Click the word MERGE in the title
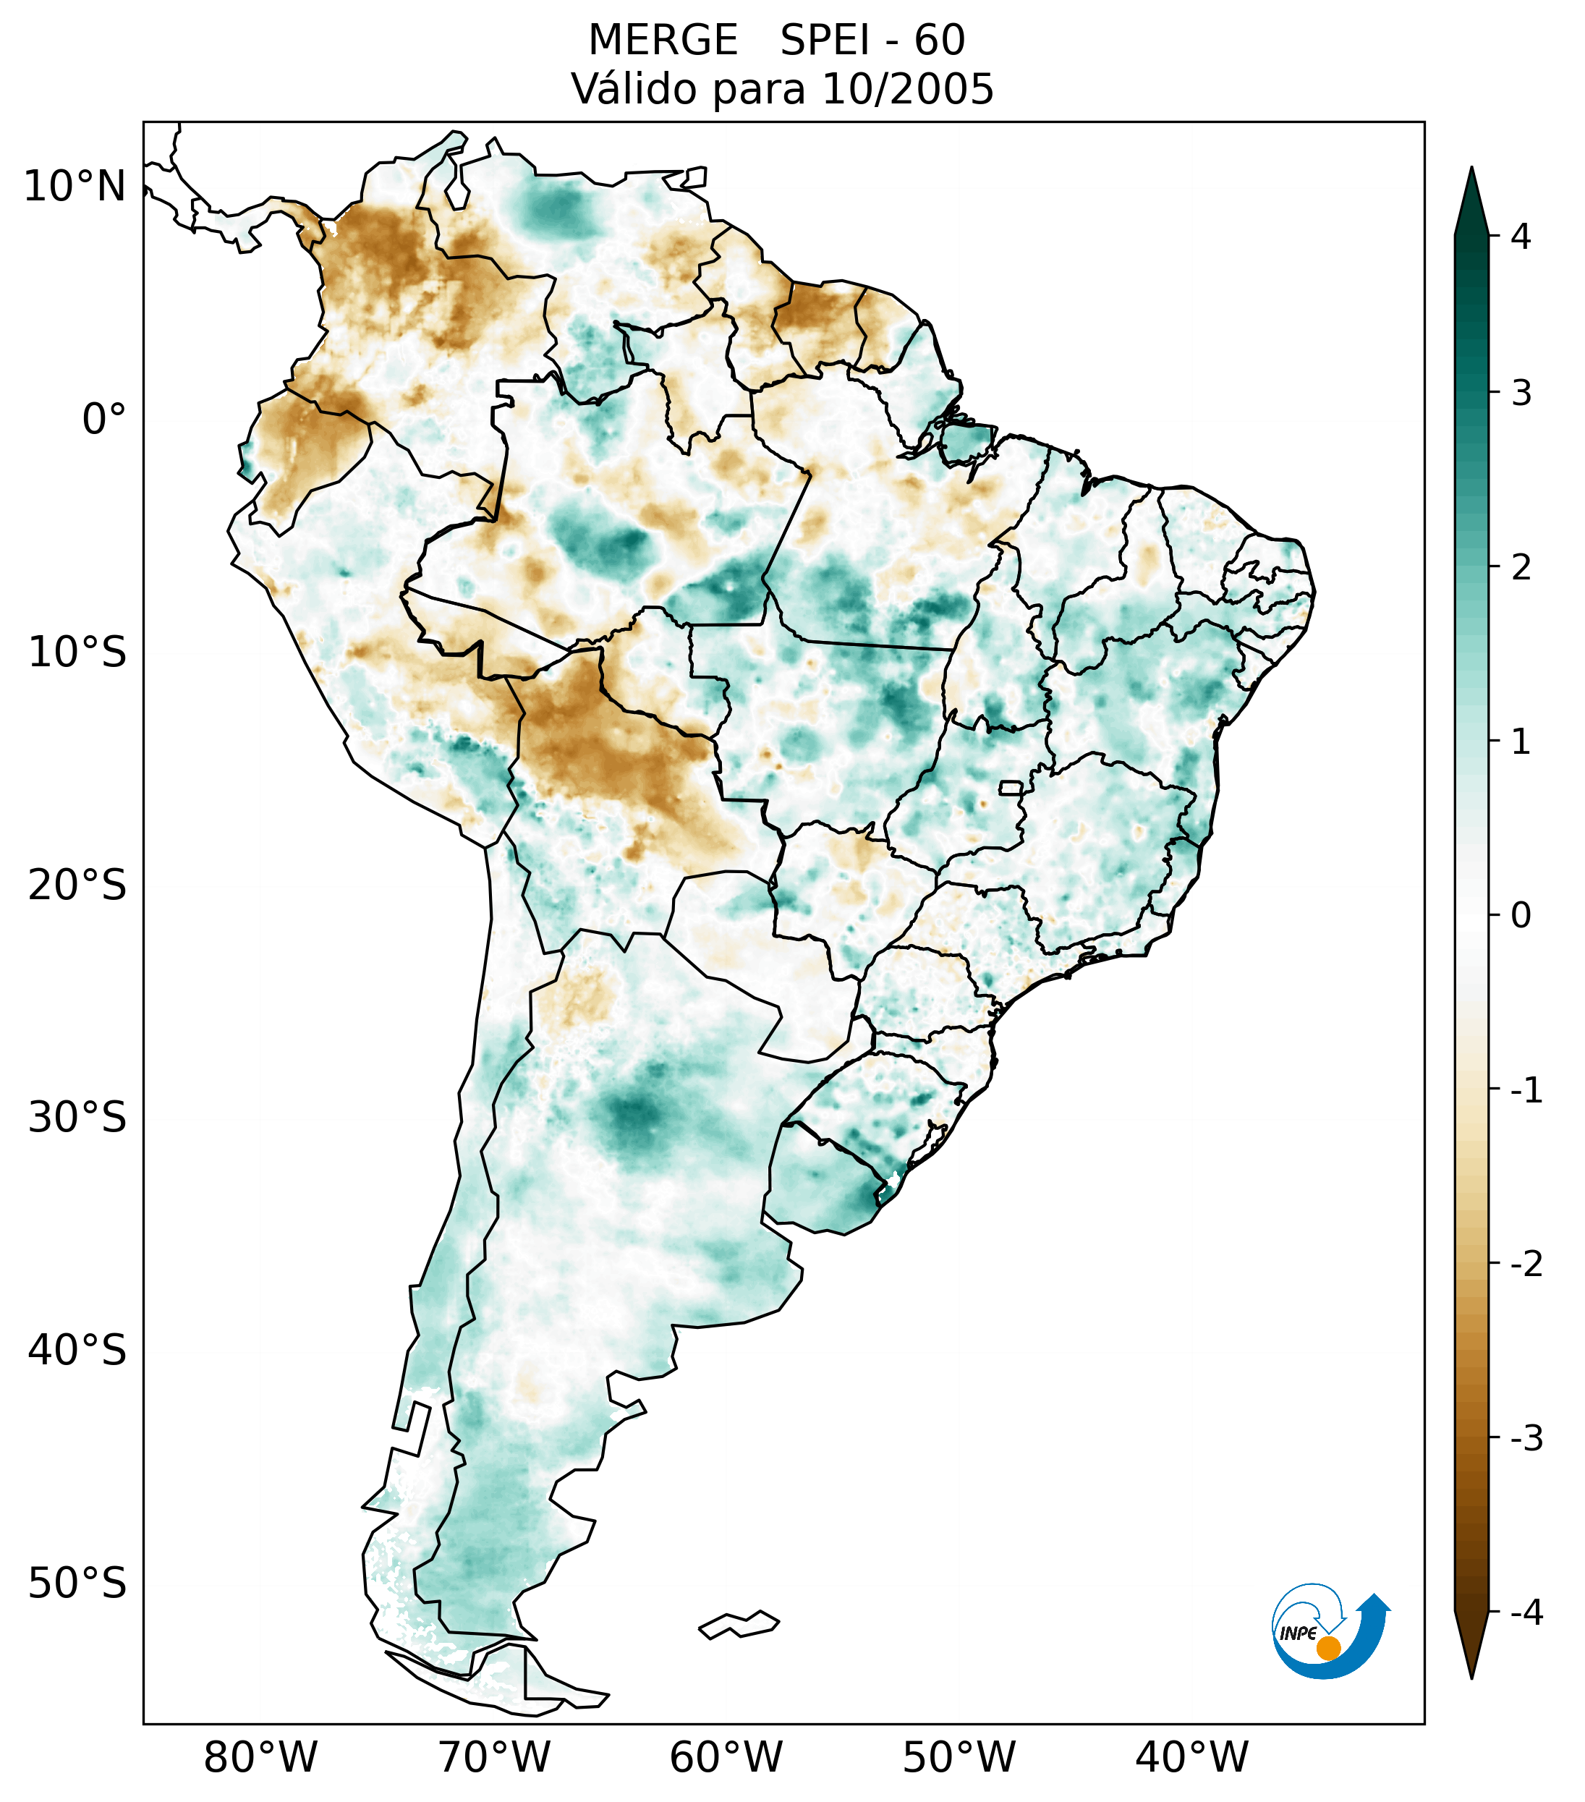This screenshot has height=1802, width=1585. (x=662, y=41)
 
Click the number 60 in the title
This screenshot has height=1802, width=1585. (x=939, y=41)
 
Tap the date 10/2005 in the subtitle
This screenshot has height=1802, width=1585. (x=907, y=89)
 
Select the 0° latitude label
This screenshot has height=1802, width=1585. (x=103, y=419)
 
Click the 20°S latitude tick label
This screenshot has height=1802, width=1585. (x=77, y=885)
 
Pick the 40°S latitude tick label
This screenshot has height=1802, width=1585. (x=77, y=1351)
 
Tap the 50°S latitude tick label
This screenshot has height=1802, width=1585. (x=77, y=1584)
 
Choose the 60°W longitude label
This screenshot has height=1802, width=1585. (x=726, y=1758)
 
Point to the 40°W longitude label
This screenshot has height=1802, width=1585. (x=1191, y=1758)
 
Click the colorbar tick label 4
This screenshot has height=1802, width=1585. (x=1521, y=237)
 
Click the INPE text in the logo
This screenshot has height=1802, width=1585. (x=1298, y=1633)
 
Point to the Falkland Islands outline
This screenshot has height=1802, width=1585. (x=739, y=1624)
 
